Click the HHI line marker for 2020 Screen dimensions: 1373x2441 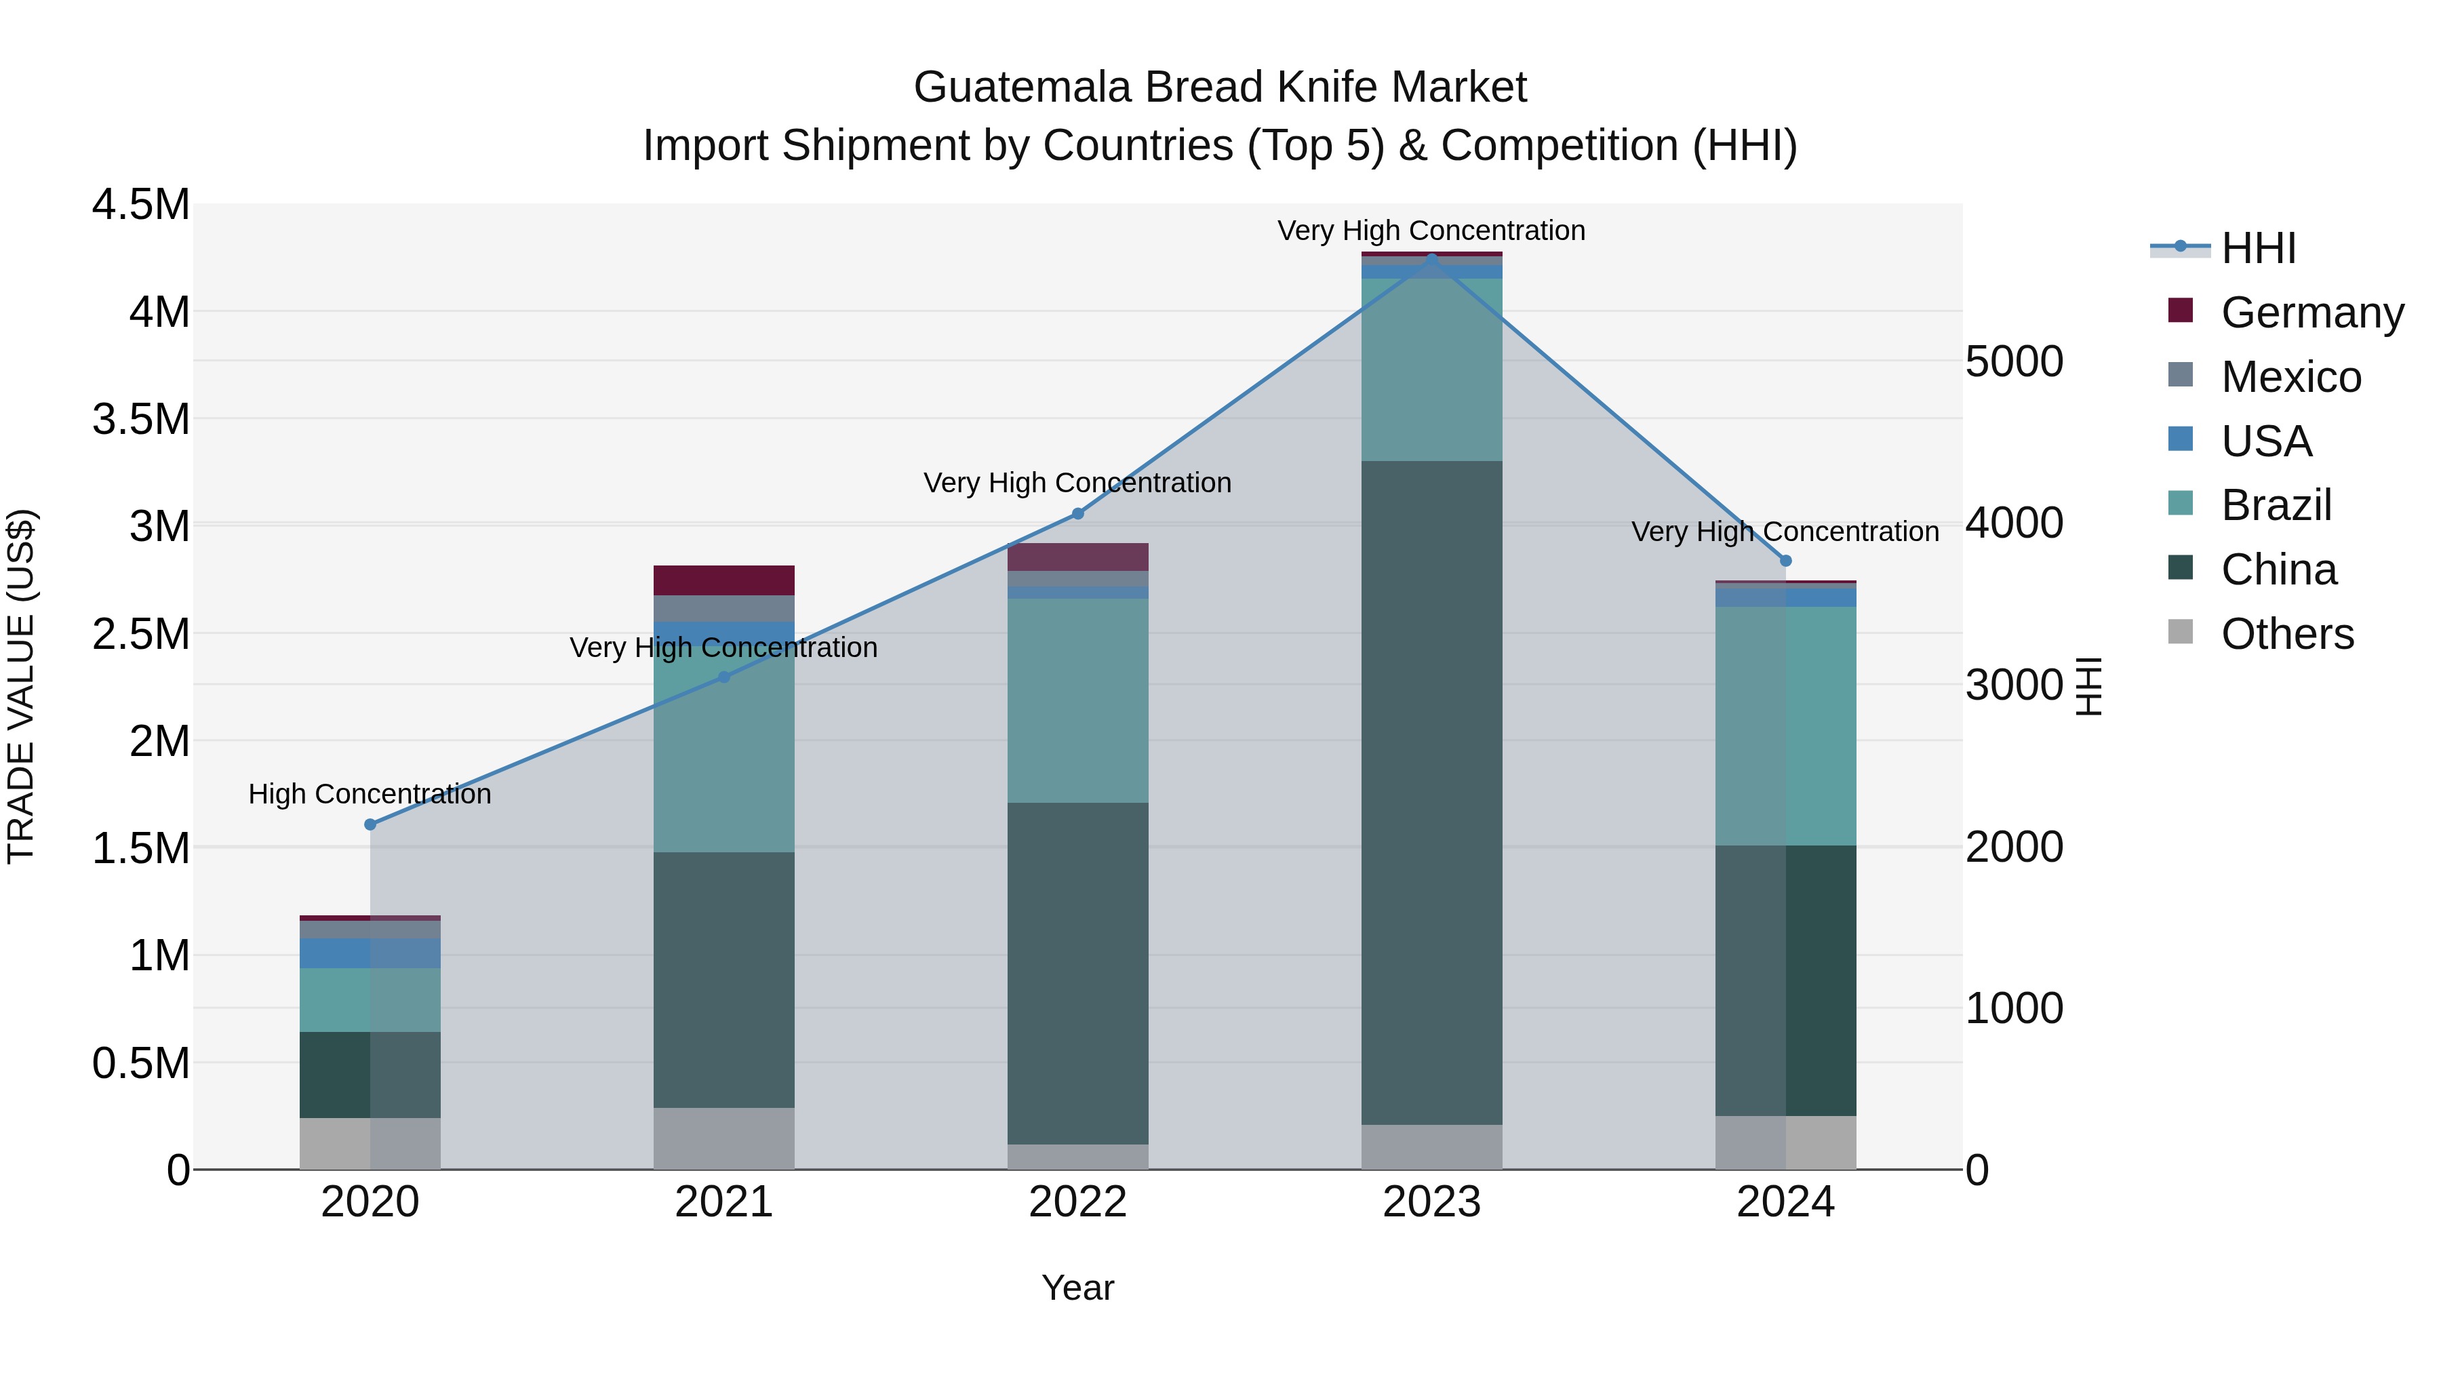[370, 824]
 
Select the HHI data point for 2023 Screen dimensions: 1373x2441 [1432, 259]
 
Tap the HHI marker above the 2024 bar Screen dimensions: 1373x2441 [1786, 561]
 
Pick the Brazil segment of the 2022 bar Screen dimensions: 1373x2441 [1077, 700]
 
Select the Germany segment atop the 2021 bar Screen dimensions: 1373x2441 [724, 580]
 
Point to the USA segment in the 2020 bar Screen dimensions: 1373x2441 [370, 953]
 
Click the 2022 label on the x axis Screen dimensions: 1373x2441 [1077, 1202]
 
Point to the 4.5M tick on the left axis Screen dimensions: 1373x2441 [140, 205]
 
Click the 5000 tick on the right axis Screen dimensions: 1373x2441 [2014, 362]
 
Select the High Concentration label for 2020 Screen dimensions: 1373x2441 [370, 794]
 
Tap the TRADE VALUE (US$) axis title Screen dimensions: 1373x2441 [22, 686]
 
